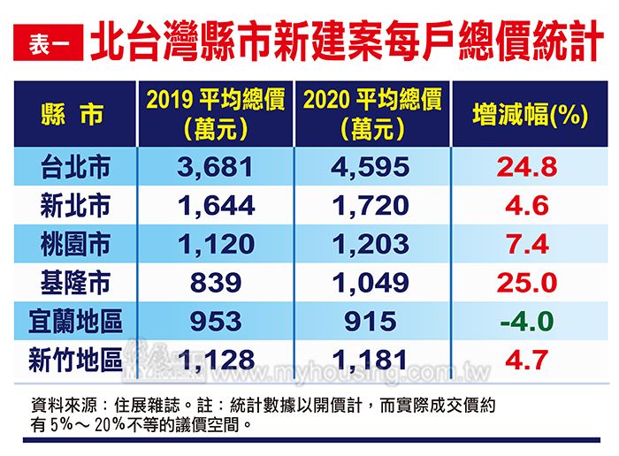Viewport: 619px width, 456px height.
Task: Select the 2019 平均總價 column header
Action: coord(215,114)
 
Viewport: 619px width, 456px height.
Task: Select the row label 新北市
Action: coord(75,205)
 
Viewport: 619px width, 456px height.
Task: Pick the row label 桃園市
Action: coord(75,243)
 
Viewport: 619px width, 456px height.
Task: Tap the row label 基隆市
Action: coord(75,282)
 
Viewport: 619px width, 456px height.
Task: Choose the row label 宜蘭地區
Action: coord(75,321)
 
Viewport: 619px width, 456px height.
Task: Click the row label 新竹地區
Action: coord(75,359)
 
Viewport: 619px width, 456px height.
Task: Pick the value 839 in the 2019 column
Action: coord(215,282)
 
